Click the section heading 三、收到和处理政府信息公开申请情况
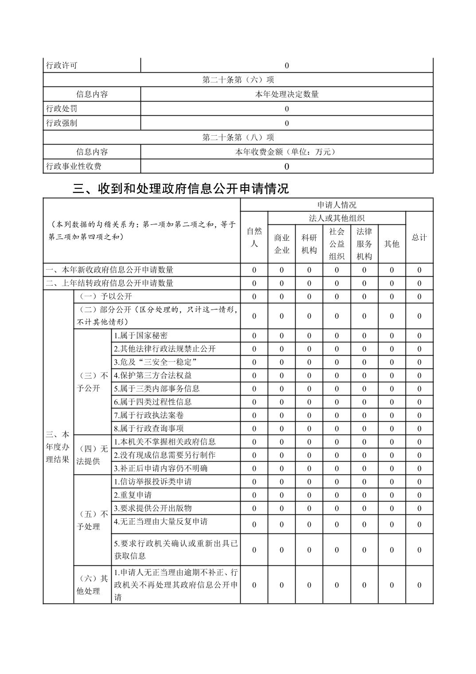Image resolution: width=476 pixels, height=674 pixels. (x=180, y=189)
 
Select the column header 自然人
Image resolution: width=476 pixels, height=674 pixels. (x=254, y=237)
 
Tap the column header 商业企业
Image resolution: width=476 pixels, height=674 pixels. (x=281, y=244)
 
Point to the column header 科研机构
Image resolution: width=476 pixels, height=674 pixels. (x=309, y=244)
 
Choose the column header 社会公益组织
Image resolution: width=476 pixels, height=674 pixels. (x=336, y=244)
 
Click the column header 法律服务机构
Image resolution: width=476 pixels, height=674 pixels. (x=364, y=244)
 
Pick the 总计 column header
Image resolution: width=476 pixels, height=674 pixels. (x=419, y=237)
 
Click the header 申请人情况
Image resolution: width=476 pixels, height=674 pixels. (x=336, y=205)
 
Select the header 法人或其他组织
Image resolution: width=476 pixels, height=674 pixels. (x=336, y=218)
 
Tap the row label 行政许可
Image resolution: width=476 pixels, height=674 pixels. (x=62, y=65)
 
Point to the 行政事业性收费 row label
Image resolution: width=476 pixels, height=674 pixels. (x=74, y=166)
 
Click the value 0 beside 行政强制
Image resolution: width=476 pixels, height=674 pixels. (x=286, y=123)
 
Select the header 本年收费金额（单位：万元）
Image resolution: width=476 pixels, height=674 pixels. (x=286, y=152)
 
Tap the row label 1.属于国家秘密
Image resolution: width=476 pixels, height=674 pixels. (x=140, y=336)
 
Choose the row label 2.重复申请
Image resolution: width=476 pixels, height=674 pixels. (x=133, y=495)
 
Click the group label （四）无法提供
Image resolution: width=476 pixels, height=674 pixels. (x=92, y=455)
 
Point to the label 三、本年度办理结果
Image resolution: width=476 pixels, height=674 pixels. (x=58, y=447)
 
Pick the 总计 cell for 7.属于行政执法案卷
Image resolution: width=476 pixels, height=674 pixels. (x=419, y=415)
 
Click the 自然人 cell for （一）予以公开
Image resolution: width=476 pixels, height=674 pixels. (x=254, y=297)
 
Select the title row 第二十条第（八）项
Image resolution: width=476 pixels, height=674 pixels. (x=238, y=137)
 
